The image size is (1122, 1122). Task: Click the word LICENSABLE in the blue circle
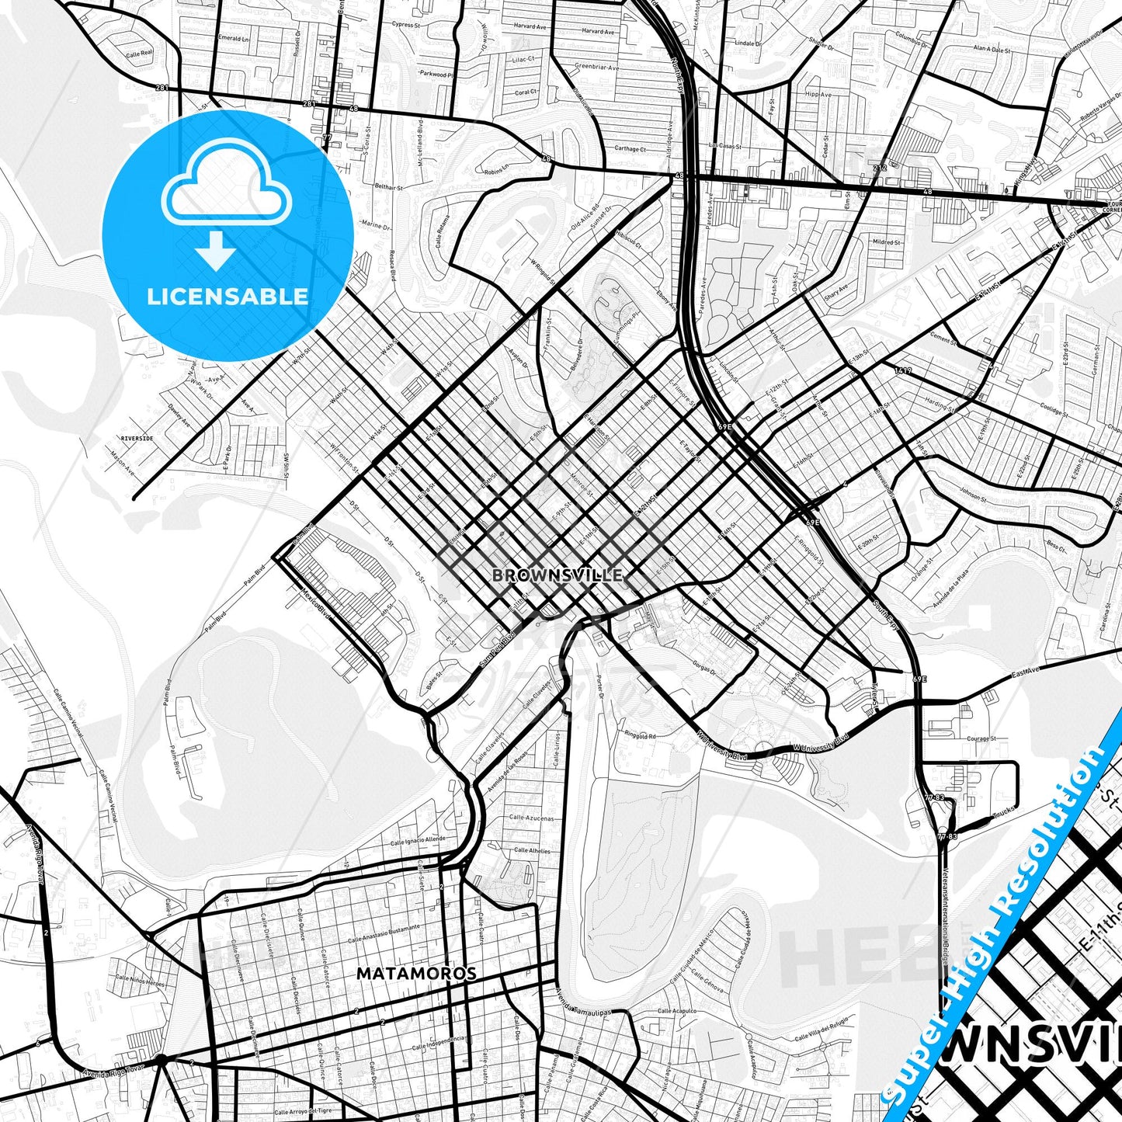(x=228, y=297)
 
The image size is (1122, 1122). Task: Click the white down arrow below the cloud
(x=216, y=251)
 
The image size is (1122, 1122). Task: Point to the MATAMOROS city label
(x=416, y=973)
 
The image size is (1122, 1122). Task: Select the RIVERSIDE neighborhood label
(x=137, y=439)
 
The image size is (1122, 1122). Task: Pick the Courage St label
(x=981, y=738)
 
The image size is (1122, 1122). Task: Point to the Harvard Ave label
(x=597, y=32)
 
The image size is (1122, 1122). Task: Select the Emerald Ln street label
(x=234, y=38)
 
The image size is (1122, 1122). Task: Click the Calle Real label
(x=140, y=54)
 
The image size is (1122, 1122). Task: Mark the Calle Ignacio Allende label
(x=418, y=840)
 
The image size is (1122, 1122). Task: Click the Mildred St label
(x=886, y=242)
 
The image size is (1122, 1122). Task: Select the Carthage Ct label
(x=630, y=149)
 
